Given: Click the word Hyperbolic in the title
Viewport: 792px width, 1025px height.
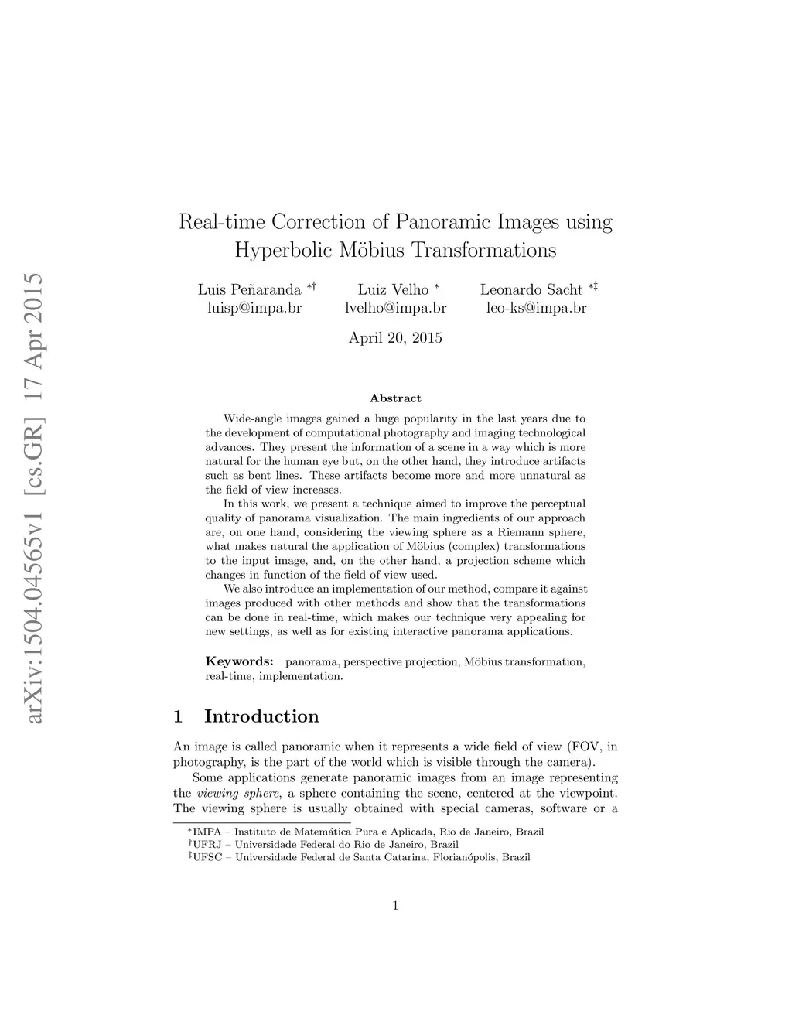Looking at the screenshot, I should point(283,251).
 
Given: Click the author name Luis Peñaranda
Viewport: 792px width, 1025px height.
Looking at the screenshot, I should point(249,290).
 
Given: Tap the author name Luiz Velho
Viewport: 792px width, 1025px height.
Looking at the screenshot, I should point(393,290).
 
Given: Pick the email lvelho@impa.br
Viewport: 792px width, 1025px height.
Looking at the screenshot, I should point(395,308).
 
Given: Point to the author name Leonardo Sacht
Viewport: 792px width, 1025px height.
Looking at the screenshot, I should point(531,290).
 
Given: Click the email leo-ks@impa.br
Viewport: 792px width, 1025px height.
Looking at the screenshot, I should point(536,308).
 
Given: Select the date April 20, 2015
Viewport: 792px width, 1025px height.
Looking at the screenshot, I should point(395,337).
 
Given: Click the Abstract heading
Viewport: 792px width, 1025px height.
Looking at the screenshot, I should point(395,398).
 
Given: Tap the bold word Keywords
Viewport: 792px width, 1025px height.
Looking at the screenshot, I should point(239,661).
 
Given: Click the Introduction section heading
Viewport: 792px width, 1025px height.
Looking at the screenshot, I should point(261,716).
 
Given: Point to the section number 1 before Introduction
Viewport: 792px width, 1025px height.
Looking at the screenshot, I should point(179,716).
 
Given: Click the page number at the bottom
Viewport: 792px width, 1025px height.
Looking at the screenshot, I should point(395,906).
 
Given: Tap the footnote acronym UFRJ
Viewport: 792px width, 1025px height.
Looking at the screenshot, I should point(208,845).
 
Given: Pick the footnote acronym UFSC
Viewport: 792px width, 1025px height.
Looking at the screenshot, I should point(208,857).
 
